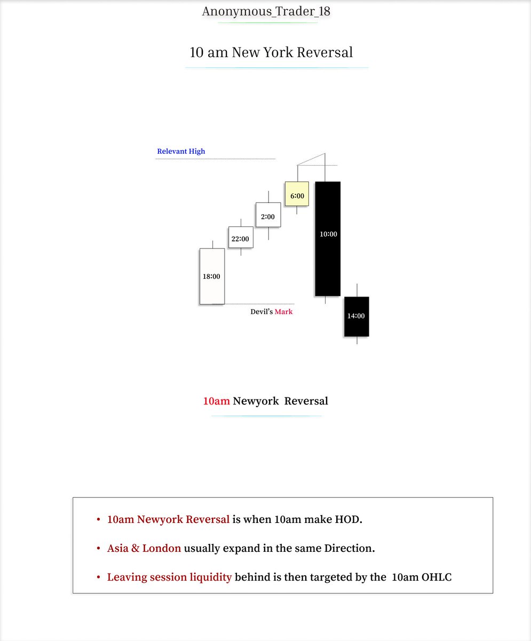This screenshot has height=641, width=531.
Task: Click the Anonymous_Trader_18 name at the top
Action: click(x=266, y=11)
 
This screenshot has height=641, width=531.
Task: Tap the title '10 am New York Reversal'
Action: click(x=271, y=52)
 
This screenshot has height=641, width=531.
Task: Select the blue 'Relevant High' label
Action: click(x=181, y=151)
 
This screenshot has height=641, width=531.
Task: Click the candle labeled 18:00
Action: click(x=212, y=276)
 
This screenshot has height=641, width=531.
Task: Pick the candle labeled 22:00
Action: click(x=241, y=238)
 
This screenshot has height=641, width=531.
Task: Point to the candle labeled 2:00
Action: click(x=268, y=216)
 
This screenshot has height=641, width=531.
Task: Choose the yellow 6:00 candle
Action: click(x=297, y=196)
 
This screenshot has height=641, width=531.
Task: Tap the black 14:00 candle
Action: click(x=356, y=316)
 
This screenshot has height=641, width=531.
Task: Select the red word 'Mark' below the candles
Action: click(x=283, y=311)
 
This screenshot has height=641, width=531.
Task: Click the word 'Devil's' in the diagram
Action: click(x=261, y=311)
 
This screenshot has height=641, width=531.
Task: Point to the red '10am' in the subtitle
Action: click(x=216, y=401)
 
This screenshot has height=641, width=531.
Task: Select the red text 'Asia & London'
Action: click(x=144, y=548)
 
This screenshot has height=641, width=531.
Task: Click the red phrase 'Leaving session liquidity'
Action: click(x=169, y=577)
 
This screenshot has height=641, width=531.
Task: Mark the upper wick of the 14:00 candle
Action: click(x=356, y=290)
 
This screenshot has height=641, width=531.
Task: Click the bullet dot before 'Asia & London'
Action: click(x=98, y=549)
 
